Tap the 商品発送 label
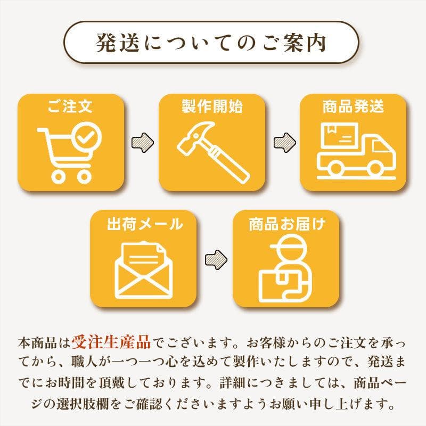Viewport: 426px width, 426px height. [x=353, y=105]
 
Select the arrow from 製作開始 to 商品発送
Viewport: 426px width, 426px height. [x=283, y=142]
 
